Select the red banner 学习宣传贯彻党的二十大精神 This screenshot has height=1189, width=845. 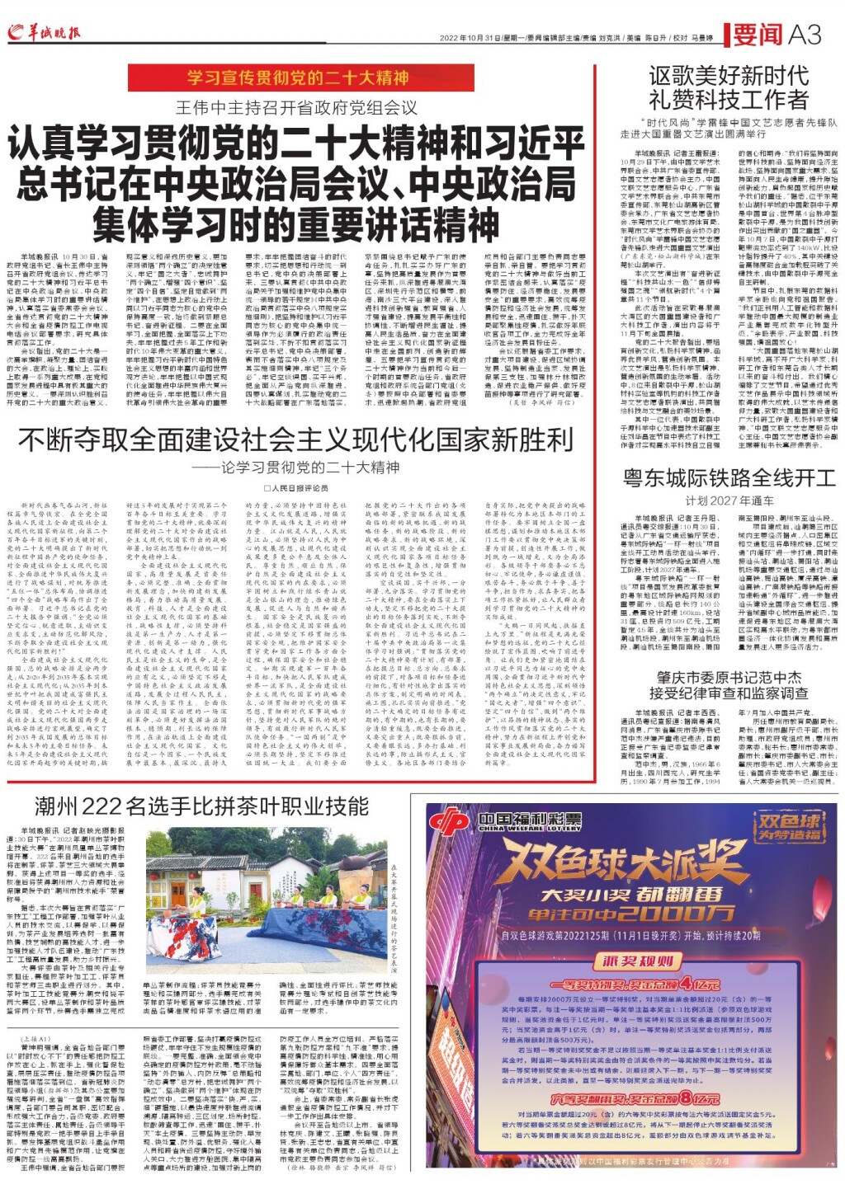(297, 79)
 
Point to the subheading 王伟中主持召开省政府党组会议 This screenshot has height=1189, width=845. (297, 107)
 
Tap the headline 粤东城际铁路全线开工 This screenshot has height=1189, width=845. (729, 478)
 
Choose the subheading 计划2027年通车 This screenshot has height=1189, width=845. (729, 501)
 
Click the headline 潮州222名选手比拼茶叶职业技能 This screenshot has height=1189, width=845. (185, 806)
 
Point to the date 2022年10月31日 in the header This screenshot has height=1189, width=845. (467, 38)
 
